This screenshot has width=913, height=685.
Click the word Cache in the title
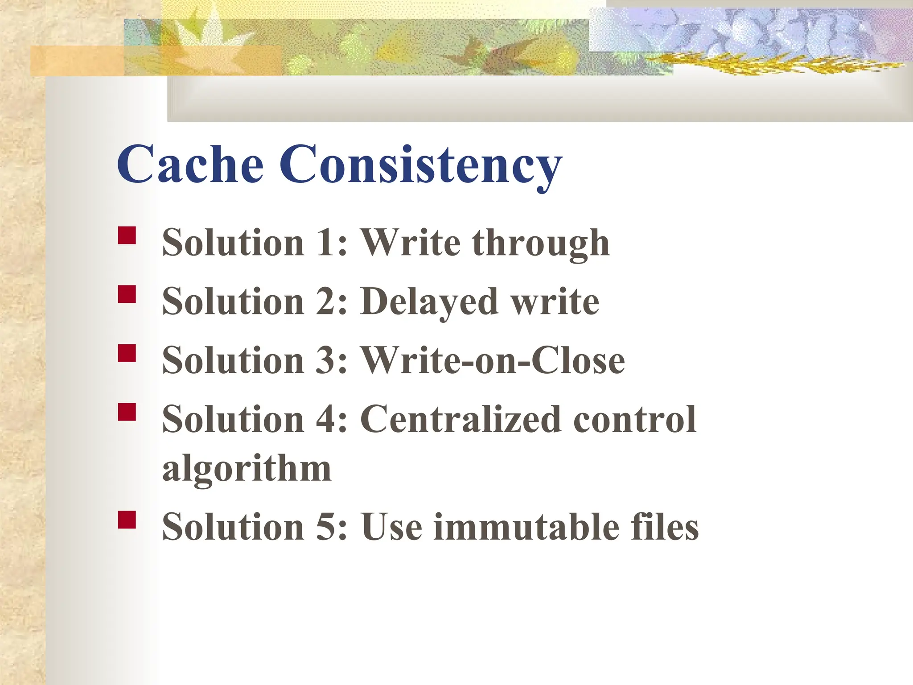click(x=190, y=164)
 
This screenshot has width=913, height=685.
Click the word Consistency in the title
click(x=420, y=166)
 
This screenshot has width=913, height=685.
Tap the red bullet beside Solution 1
click(x=127, y=235)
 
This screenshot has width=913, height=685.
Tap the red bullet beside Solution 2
click(x=127, y=294)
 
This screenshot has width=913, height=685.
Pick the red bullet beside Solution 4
click(x=127, y=412)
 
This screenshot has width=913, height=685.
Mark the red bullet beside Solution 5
click(x=127, y=520)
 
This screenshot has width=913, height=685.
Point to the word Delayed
click(x=429, y=302)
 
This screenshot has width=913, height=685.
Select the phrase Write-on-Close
click(x=492, y=360)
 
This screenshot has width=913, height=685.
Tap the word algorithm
click(x=247, y=469)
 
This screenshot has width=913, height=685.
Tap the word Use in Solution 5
click(x=391, y=527)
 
